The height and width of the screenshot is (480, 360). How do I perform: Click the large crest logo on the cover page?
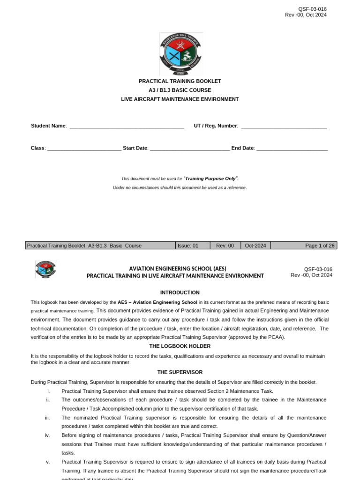(x=181, y=54)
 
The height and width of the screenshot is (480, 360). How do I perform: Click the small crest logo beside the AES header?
(x=45, y=270)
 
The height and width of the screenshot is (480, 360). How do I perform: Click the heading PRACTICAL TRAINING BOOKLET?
(x=180, y=81)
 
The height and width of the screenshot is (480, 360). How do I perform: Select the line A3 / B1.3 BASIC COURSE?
(x=180, y=90)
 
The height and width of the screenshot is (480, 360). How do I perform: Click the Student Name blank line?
(x=127, y=127)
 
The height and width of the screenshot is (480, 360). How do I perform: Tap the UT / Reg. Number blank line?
(x=284, y=127)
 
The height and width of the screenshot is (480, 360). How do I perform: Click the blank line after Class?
(x=84, y=149)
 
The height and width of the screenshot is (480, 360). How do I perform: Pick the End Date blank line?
(x=292, y=149)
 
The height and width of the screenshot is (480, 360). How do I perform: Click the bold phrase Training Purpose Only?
(x=211, y=179)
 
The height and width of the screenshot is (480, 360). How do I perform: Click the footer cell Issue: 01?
(x=188, y=246)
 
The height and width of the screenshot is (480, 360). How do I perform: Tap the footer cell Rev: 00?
(x=225, y=246)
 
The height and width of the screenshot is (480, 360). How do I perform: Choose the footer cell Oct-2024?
(x=255, y=246)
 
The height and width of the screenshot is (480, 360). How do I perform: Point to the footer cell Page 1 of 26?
(x=320, y=246)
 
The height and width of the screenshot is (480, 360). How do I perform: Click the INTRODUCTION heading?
(x=180, y=292)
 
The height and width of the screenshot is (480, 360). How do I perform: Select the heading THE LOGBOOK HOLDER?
(x=180, y=346)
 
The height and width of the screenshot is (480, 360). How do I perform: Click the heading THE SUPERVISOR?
(x=180, y=372)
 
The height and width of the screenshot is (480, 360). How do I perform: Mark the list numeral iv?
(x=47, y=435)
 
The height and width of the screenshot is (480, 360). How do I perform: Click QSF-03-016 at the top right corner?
(x=312, y=9)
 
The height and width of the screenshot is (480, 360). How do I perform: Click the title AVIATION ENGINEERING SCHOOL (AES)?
(x=178, y=269)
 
